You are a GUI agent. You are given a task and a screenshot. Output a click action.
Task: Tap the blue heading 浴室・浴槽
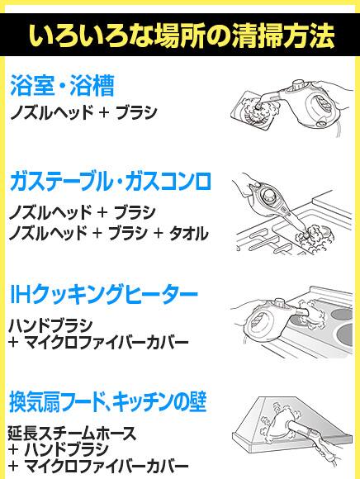pos(62,85)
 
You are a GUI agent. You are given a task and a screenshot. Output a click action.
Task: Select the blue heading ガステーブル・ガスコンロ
pos(111,181)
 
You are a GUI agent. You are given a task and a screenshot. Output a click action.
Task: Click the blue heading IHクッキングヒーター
pos(104,294)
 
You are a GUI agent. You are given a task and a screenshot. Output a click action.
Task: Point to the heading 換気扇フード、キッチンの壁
pos(108,401)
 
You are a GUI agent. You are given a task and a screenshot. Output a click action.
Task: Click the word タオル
pos(189,234)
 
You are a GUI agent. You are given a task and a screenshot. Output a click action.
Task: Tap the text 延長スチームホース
pos(72,433)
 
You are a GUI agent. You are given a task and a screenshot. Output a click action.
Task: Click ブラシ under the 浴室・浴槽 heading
pos(136,112)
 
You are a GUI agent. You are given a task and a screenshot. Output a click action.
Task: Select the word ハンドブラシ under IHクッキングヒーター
pos(50,325)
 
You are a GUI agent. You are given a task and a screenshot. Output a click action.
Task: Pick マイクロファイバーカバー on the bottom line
pos(106,466)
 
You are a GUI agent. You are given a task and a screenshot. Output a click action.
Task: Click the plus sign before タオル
pos(159,234)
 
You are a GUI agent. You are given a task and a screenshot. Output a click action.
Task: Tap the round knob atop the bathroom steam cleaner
pos(299,85)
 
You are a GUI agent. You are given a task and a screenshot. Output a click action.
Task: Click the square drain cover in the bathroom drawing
pos(251,111)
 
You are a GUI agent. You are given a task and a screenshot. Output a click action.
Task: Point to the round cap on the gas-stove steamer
pos(269,195)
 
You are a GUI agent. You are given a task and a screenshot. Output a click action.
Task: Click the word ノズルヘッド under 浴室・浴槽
pos(52,112)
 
